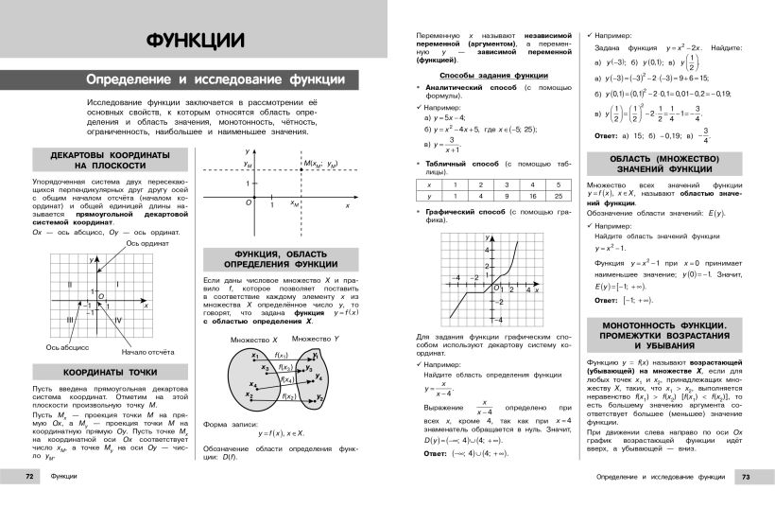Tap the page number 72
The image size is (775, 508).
click(x=30, y=477)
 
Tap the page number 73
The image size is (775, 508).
click(x=746, y=477)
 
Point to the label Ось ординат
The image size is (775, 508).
click(x=146, y=243)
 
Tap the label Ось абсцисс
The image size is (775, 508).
click(x=67, y=346)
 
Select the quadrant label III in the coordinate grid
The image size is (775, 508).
click(x=70, y=320)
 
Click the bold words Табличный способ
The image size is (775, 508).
click(x=460, y=162)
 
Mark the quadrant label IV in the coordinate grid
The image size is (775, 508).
click(x=118, y=320)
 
